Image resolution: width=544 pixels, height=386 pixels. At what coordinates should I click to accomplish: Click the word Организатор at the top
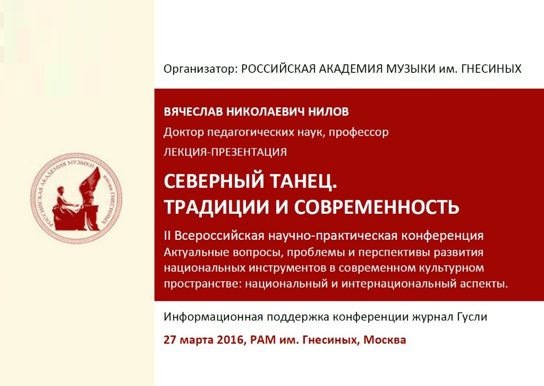pos(200,69)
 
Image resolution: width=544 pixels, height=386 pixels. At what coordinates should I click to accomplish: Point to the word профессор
pos(359,132)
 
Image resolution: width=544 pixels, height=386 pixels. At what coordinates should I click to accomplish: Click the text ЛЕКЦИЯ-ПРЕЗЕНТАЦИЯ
pos(225,152)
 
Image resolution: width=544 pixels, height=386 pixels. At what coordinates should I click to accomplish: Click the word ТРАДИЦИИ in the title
pos(217,207)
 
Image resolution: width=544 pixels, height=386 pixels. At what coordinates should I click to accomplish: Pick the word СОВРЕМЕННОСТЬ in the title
pos(377,207)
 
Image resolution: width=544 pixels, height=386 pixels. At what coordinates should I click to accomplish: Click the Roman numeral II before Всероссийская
pos(167,236)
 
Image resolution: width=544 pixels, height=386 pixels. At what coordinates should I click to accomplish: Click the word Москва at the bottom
pos(385,340)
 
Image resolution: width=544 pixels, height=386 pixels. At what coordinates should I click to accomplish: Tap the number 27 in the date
pos(170,340)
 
